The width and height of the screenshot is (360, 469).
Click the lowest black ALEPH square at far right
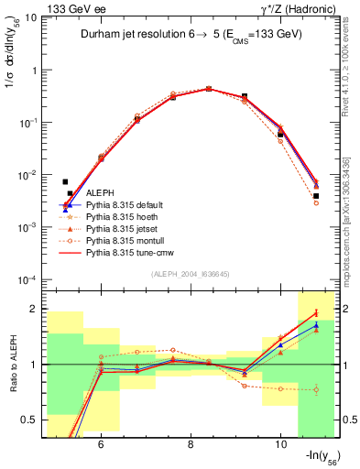[x=315, y=195]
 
